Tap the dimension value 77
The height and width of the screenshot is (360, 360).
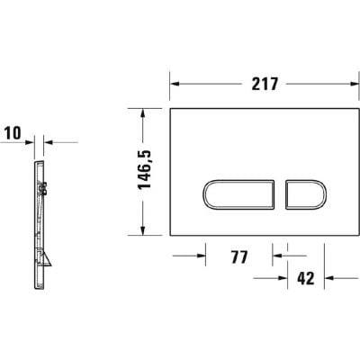coord(238,257)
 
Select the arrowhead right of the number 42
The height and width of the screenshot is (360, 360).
coord(329,278)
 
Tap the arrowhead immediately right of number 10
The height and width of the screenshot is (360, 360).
coord(46,142)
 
